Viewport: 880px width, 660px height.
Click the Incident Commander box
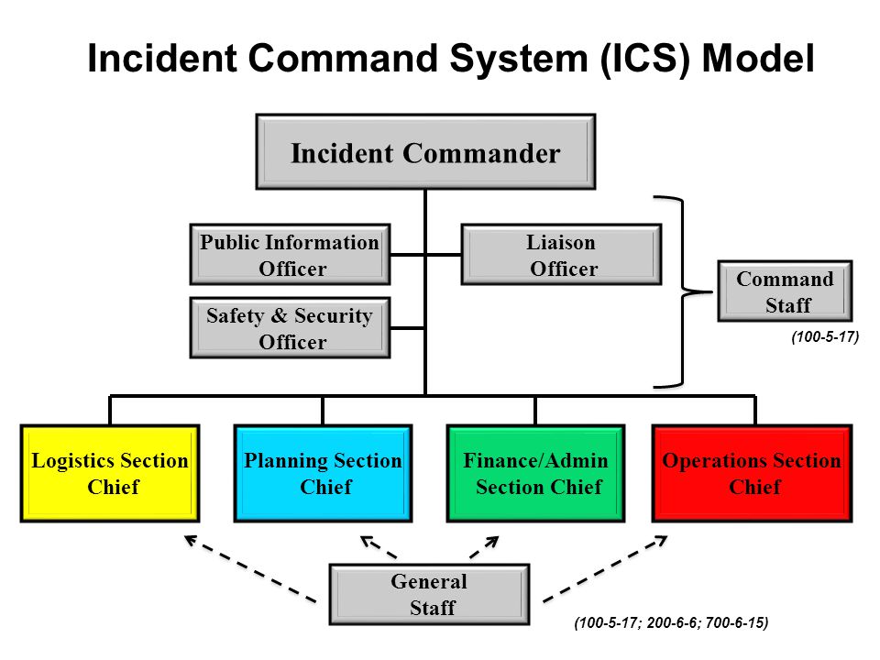425,152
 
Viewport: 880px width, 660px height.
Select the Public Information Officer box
291,255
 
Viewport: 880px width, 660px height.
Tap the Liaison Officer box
561,255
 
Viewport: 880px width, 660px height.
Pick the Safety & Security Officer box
291,328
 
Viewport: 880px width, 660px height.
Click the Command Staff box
785,291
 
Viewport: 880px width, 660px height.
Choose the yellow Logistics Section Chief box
110,473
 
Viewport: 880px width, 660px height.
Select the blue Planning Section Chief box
323,473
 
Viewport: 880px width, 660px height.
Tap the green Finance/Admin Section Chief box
535,473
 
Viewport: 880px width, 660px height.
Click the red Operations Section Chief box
752,473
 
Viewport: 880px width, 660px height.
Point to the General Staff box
429,594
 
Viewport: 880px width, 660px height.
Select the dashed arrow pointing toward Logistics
249,568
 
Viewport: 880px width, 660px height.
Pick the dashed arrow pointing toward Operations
605,568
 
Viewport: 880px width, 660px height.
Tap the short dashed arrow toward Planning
379,547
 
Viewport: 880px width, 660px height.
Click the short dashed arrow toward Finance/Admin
484,547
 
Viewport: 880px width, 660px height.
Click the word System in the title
518,58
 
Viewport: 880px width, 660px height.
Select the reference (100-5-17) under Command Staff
825,336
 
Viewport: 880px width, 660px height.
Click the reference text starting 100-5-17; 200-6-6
671,622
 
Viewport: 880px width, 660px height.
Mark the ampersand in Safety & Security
279,315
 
